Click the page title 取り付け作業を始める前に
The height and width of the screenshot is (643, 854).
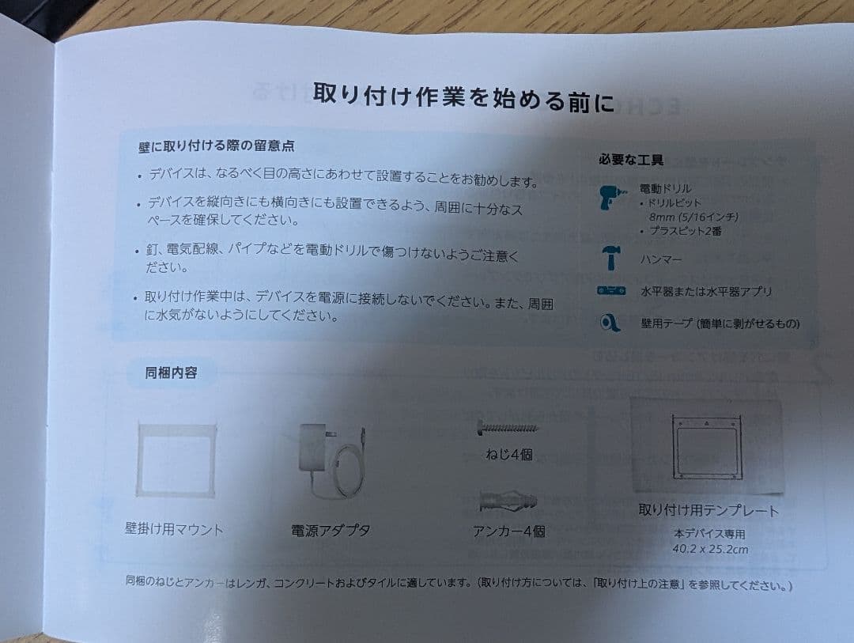[x=463, y=98]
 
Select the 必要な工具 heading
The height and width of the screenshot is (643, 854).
[x=630, y=159]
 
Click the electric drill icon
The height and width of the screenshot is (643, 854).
[x=610, y=196]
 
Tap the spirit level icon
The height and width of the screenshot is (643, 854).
[x=611, y=291]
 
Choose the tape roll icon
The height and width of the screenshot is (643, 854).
[x=610, y=323]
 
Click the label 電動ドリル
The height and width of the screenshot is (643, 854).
[x=665, y=189]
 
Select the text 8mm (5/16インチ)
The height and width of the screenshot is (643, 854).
[x=693, y=217]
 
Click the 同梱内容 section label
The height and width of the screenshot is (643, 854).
[x=171, y=373]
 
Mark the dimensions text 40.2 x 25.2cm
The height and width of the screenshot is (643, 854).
[x=710, y=549]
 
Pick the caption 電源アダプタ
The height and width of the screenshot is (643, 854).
[x=331, y=531]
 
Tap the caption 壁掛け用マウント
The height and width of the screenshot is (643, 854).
[x=174, y=528]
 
